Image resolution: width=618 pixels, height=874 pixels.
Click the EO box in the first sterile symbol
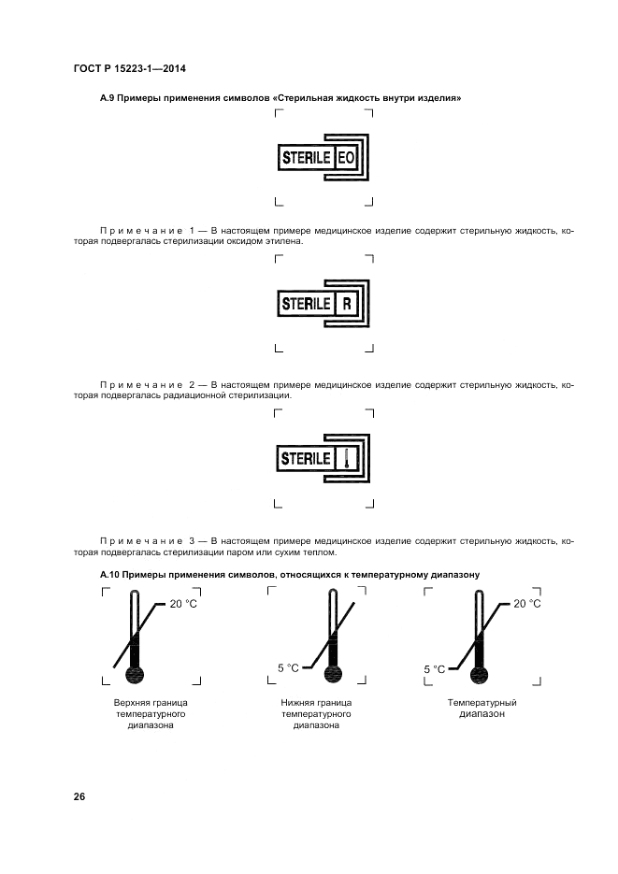point(346,158)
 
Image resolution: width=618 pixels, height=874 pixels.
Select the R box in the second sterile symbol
point(346,304)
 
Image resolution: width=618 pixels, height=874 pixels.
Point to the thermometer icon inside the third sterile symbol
point(346,459)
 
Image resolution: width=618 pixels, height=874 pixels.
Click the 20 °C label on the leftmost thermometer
point(183,604)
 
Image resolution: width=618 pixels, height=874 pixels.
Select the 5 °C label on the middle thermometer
point(289,667)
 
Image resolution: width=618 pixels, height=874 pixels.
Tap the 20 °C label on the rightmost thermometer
point(527,604)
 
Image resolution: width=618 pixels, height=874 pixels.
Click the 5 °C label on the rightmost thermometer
point(434,668)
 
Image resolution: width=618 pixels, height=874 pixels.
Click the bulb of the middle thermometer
point(329,675)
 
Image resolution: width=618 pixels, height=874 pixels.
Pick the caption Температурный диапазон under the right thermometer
point(482,707)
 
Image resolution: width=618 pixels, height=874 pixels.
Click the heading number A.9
point(108,98)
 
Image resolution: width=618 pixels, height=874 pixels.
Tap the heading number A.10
point(110,575)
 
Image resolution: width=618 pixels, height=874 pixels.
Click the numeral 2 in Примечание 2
point(192,384)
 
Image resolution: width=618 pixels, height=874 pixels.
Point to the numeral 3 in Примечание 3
point(192,540)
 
